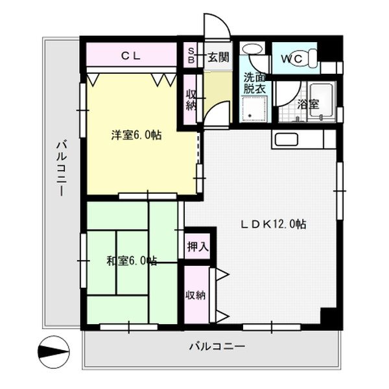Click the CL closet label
[130, 56]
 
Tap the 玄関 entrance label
[217, 57]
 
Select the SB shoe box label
[191, 56]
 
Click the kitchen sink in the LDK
[286, 139]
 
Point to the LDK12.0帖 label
[273, 224]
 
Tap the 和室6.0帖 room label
[132, 261]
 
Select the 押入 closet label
[198, 246]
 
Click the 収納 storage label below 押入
[196, 295]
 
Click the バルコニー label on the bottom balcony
[217, 348]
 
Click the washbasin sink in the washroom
[251, 51]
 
